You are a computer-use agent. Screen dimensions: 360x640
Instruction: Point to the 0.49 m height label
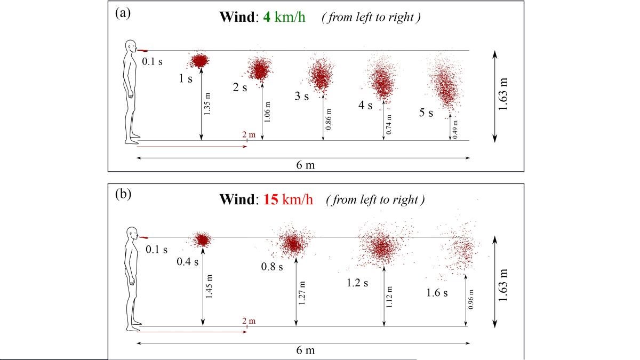pyautogui.click(x=456, y=130)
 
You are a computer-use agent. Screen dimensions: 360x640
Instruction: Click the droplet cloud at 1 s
pyautogui.click(x=200, y=60)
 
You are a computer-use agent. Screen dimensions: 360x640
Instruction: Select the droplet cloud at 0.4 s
pyautogui.click(x=202, y=239)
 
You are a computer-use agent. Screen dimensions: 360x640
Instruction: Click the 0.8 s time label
pyautogui.click(x=273, y=266)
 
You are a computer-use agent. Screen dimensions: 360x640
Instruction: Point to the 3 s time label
pyautogui.click(x=302, y=97)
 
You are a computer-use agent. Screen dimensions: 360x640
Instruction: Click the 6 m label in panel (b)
pyautogui.click(x=306, y=350)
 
